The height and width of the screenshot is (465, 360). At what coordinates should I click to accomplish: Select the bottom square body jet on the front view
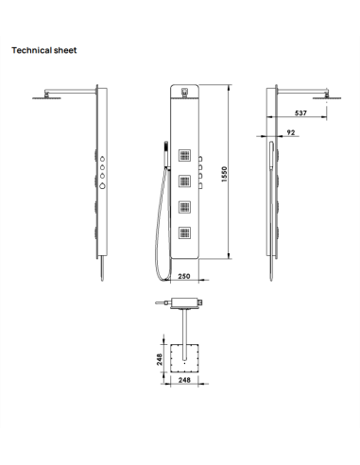click(x=185, y=232)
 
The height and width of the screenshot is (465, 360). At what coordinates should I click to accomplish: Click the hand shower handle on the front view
click(x=163, y=149)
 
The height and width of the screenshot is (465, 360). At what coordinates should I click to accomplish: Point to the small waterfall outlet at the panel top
click(x=183, y=93)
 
